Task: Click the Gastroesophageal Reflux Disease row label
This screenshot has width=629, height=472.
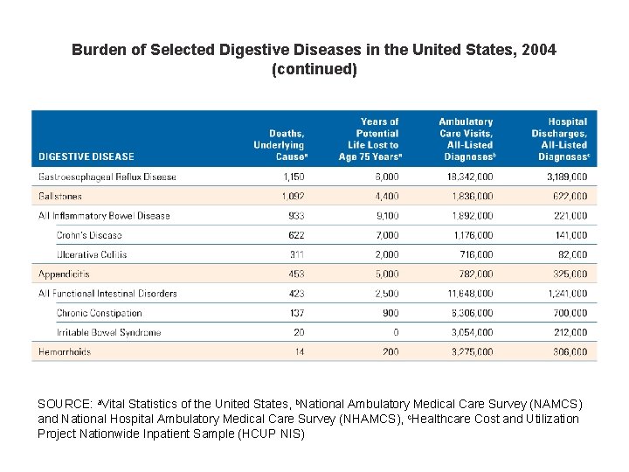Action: [x=107, y=177]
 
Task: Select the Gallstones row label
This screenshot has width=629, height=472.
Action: [x=60, y=197]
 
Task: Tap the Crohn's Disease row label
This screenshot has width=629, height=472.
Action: [x=89, y=235]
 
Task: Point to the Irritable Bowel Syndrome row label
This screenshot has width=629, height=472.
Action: [x=109, y=333]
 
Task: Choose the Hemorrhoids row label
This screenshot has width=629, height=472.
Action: [x=65, y=352]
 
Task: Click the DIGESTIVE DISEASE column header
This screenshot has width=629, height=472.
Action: [x=86, y=157]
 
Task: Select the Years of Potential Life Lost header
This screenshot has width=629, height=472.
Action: [x=369, y=140]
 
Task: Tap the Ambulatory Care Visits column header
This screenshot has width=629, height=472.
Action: [x=466, y=140]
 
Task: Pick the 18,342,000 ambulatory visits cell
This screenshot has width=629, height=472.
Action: [x=469, y=177]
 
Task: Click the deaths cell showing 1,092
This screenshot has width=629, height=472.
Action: [x=294, y=197]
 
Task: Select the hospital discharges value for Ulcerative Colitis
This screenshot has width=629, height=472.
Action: [x=572, y=254]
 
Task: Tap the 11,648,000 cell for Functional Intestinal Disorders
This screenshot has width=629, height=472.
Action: [x=469, y=294]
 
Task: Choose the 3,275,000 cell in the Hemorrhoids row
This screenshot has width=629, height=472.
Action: [x=472, y=352]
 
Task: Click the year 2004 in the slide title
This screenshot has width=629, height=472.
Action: [x=537, y=51]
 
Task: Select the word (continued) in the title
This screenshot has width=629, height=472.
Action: [x=314, y=69]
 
